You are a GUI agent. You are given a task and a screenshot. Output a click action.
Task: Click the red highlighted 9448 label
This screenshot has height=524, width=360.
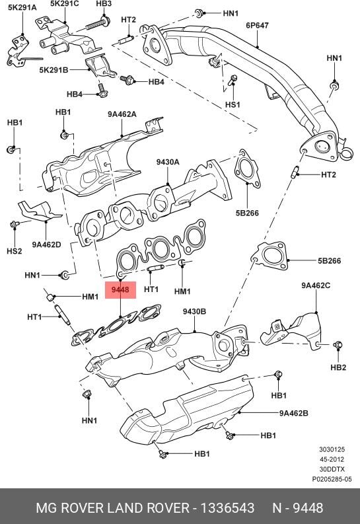tap(120, 289)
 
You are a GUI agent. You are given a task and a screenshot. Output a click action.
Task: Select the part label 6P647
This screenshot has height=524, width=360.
tap(257, 26)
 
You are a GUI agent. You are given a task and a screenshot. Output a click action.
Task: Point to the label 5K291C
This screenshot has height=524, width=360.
tap(64, 3)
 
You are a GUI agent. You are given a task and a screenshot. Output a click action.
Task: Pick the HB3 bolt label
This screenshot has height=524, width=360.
tap(104, 3)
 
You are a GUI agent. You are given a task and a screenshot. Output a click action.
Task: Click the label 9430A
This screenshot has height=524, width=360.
tap(168, 162)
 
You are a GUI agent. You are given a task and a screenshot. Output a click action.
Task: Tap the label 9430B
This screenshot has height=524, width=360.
tap(194, 311)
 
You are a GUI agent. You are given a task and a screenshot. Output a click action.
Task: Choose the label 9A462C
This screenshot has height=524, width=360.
tap(316, 285)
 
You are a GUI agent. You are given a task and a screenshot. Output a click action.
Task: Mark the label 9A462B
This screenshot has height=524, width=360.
tap(294, 414)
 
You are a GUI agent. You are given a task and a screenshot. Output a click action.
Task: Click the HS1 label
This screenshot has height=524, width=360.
tap(233, 105)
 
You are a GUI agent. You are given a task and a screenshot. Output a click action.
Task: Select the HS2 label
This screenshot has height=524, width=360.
tap(15, 251)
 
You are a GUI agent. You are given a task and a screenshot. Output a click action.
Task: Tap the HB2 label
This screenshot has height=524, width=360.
tap(338, 367)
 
